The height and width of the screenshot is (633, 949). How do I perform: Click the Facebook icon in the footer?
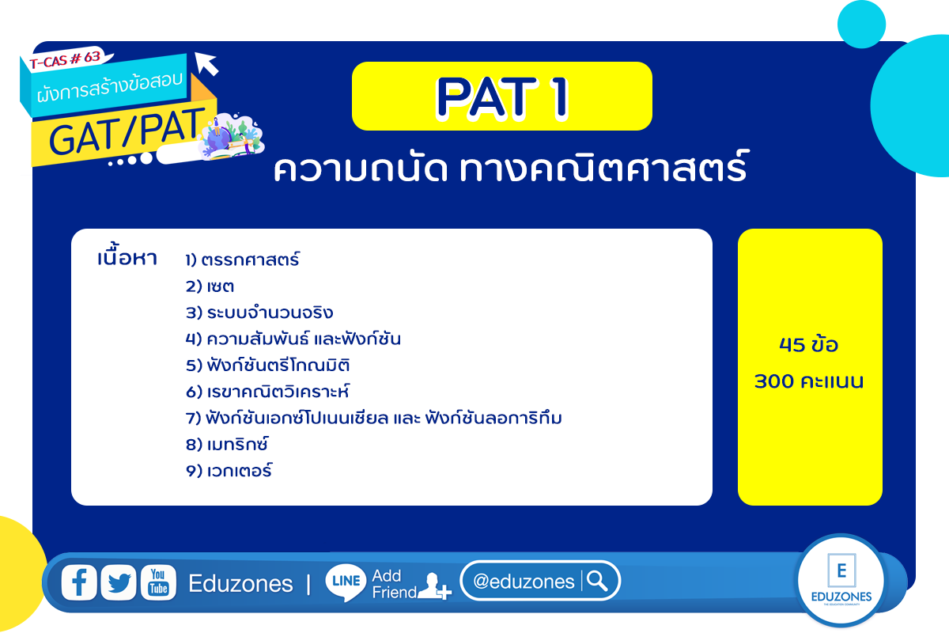79,582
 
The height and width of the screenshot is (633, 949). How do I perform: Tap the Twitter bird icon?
119,582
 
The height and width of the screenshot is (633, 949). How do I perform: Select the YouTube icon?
158,582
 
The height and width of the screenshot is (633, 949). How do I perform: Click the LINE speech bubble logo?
346,582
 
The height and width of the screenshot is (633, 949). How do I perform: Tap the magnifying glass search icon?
597,581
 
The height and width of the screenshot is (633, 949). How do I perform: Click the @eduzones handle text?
524,582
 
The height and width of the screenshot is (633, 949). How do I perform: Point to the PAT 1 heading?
502,97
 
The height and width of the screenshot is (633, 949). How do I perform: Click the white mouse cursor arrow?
206,63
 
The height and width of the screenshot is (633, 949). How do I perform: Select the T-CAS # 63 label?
65,60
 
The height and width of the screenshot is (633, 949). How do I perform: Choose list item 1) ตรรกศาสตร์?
242,260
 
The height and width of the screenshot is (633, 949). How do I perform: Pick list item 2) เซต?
210,286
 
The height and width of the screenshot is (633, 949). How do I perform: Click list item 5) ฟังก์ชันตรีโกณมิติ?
268,365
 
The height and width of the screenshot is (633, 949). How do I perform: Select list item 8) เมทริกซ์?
227,444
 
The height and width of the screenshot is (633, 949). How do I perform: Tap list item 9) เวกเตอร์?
229,471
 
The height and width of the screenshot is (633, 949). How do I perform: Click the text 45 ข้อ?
809,345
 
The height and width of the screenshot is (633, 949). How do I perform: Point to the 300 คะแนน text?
809,381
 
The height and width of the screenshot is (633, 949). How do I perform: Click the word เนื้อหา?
127,256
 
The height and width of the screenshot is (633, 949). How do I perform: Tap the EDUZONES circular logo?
841,580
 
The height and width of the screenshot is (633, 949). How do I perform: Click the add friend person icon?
434,586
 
